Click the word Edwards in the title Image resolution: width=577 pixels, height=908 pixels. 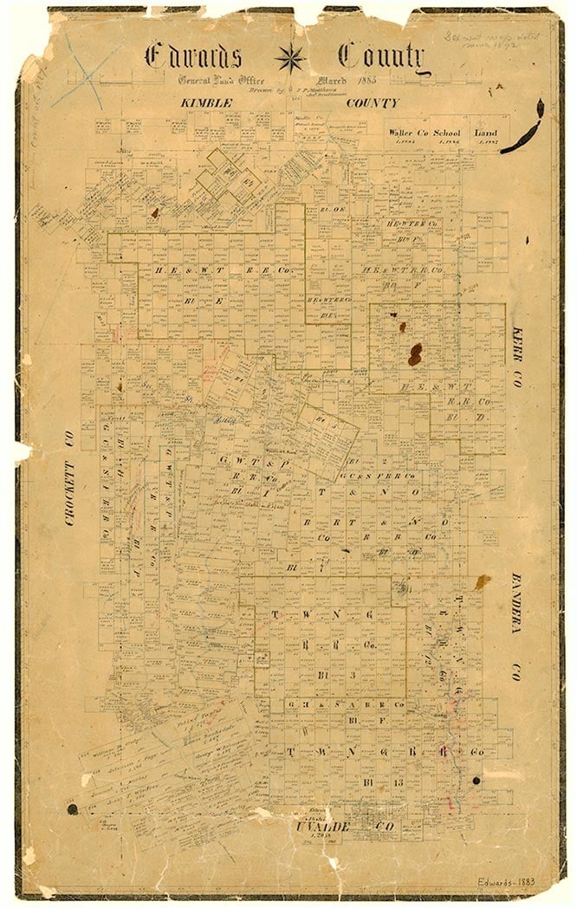[x=195, y=56]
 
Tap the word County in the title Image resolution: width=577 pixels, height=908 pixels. [x=381, y=56]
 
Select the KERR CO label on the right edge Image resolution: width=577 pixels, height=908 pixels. [x=518, y=357]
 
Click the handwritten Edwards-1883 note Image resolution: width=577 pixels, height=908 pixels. [x=506, y=881]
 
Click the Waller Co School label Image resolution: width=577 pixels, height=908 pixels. [x=425, y=133]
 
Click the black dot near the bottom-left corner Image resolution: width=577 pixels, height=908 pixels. [x=72, y=808]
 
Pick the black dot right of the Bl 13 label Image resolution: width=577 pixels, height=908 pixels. [x=475, y=782]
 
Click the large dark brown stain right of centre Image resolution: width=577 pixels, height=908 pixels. [x=415, y=353]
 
